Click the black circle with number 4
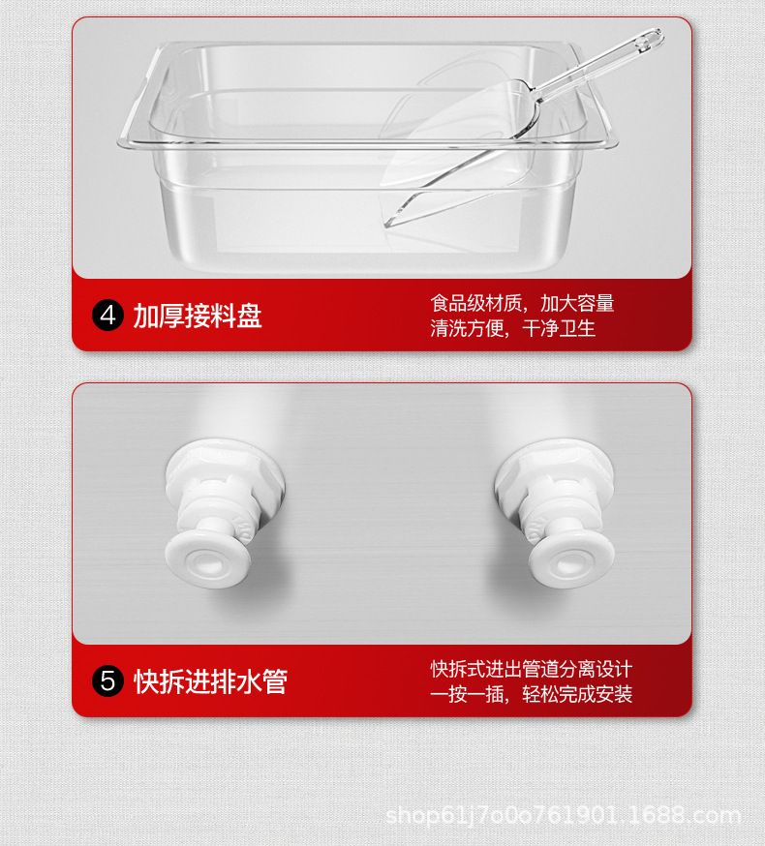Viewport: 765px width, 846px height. [107, 316]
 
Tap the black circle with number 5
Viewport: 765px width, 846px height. [107, 680]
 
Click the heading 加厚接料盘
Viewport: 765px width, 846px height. [198, 316]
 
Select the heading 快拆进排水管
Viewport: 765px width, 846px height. [210, 680]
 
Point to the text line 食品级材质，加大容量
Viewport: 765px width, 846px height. [522, 303]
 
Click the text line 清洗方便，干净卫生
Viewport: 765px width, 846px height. [513, 328]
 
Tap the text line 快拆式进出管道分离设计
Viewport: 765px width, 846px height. [532, 669]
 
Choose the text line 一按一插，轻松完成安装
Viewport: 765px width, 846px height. [532, 694]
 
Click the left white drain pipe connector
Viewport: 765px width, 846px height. [222, 513]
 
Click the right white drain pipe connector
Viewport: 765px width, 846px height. [556, 513]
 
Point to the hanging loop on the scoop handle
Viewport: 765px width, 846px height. [649, 41]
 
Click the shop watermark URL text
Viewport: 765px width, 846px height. [563, 816]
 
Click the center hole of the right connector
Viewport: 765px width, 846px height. [569, 562]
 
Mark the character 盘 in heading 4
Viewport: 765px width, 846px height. [250, 316]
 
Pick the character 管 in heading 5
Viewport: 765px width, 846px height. [275, 680]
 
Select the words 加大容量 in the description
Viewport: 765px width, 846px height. [577, 303]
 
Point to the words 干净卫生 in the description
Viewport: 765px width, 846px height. [559, 328]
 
